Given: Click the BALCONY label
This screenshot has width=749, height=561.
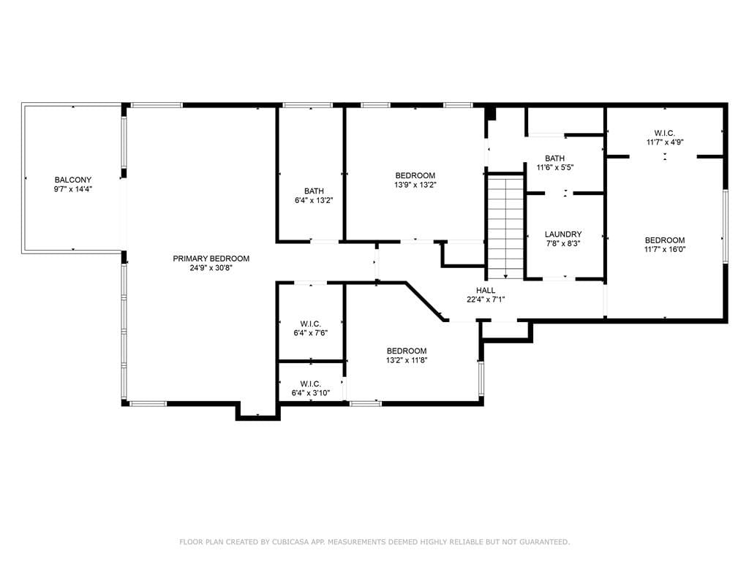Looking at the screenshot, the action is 73,180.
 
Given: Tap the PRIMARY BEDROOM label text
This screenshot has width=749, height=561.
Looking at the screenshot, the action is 211,259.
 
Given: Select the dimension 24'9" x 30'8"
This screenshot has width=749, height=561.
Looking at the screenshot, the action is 211,268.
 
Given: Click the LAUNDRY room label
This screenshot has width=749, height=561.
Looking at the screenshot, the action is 563,234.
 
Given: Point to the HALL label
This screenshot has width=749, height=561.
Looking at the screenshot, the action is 486,290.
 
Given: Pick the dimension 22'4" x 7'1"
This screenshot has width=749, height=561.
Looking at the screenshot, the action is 486,299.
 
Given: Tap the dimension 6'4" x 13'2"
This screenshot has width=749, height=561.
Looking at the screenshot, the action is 314,200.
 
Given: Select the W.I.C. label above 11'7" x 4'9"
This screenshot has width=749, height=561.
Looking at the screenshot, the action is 664,133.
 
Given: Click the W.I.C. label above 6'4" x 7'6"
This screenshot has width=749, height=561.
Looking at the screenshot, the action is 310,324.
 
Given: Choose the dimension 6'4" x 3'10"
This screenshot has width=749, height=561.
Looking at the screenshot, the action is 310,393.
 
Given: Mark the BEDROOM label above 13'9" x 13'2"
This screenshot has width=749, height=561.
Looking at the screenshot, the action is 415,175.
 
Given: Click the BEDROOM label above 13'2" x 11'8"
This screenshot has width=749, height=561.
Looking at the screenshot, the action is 407,351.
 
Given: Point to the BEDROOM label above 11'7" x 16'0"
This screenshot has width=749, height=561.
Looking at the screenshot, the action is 664,240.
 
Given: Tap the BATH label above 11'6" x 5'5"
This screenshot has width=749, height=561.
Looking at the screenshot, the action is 554,158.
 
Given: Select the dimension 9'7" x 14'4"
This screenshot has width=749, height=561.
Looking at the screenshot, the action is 73,189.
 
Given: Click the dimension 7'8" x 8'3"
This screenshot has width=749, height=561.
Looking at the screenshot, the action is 563,243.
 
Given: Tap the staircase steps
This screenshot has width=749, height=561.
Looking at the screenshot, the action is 505,227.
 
